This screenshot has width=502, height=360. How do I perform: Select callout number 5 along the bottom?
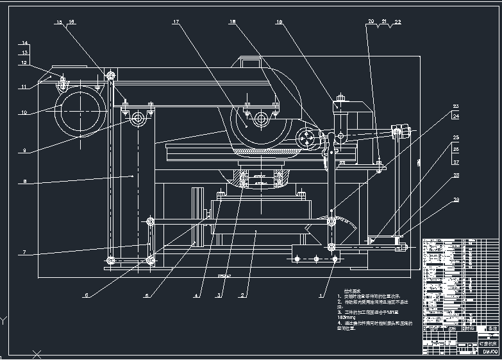(146, 296)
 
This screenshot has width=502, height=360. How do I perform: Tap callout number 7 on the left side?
(24, 253)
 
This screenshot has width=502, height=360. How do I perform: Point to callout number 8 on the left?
(24, 182)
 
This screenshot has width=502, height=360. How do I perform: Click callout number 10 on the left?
(24, 114)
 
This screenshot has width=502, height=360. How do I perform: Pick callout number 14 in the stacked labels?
(24, 44)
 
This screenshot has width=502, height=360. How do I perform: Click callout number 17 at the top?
(176, 22)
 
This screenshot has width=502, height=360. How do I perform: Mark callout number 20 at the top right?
(371, 22)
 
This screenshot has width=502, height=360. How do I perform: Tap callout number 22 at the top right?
(397, 22)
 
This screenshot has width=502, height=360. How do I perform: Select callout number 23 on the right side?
(456, 106)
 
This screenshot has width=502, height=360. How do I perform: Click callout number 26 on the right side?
(456, 150)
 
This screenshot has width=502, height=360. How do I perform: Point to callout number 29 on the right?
(456, 201)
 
